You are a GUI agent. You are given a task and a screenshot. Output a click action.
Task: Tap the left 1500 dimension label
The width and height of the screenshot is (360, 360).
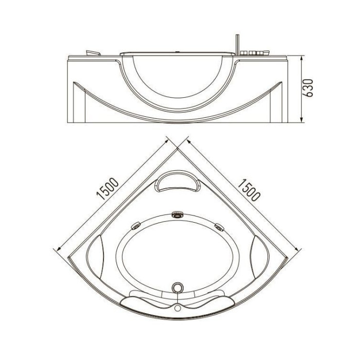[107, 189]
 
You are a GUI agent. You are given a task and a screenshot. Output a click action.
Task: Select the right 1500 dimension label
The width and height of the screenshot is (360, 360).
[249, 190]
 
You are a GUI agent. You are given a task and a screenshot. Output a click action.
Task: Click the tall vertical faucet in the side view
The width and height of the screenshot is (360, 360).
[238, 45]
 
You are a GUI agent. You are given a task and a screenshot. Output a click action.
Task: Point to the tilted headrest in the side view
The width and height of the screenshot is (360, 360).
[93, 53]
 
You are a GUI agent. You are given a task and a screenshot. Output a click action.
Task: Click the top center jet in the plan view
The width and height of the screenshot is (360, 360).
[177, 215]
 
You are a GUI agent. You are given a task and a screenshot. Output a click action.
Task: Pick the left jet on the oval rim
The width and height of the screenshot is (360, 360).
[136, 226]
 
